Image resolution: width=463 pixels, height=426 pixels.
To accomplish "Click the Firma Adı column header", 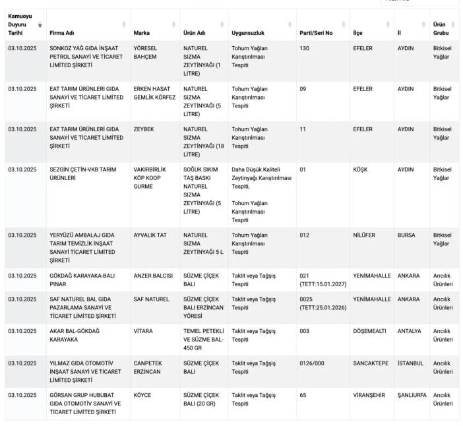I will click(x=62, y=32).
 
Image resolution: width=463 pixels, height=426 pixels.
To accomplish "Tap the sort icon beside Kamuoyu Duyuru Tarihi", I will click(x=40, y=25).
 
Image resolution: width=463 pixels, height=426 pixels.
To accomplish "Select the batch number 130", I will click(x=304, y=48).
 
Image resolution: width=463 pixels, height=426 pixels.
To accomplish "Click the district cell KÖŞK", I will click(x=361, y=169).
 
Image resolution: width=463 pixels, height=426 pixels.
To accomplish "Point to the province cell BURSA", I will click(x=406, y=235).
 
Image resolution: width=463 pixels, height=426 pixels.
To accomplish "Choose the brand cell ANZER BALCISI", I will click(x=153, y=276).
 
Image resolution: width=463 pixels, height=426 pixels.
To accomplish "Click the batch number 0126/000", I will click(x=312, y=363).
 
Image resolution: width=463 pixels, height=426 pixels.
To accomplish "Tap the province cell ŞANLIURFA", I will click(x=412, y=395).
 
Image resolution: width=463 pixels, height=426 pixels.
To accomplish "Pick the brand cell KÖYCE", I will click(x=142, y=395).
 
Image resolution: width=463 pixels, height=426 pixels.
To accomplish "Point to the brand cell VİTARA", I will click(x=143, y=331).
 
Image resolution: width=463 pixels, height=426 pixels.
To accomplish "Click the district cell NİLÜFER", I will click(x=364, y=235).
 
